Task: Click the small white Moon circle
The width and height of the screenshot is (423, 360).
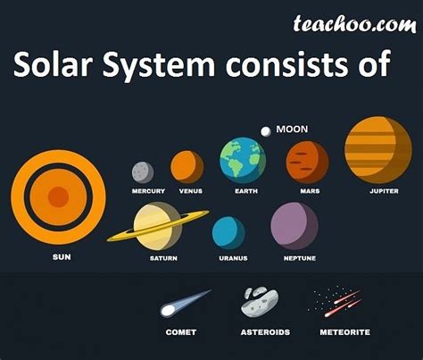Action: [266, 131]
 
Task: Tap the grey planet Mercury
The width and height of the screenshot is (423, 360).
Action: [143, 172]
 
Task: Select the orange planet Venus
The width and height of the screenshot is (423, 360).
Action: [187, 167]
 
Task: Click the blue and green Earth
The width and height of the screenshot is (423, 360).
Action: [243, 160]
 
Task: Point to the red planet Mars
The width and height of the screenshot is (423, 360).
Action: [307, 163]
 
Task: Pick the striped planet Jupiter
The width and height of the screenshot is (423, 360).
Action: [378, 150]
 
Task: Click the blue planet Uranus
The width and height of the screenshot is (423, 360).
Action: [228, 233]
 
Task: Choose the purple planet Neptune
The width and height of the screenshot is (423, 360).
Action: [294, 226]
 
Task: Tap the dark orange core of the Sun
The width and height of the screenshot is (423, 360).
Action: [58, 197]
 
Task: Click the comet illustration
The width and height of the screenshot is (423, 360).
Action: [186, 303]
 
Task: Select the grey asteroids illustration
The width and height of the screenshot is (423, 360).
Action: [260, 302]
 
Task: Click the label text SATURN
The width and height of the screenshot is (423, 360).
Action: [163, 258]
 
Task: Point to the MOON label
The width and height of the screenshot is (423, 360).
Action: [292, 130]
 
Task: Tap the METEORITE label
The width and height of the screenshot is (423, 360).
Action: [345, 332]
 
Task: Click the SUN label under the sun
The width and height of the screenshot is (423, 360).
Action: [62, 257]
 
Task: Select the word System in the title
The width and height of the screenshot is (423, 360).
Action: [159, 65]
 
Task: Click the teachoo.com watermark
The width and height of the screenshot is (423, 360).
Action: [354, 24]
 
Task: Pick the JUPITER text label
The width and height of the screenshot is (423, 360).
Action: [384, 191]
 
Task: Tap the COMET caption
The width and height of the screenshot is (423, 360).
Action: [181, 332]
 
